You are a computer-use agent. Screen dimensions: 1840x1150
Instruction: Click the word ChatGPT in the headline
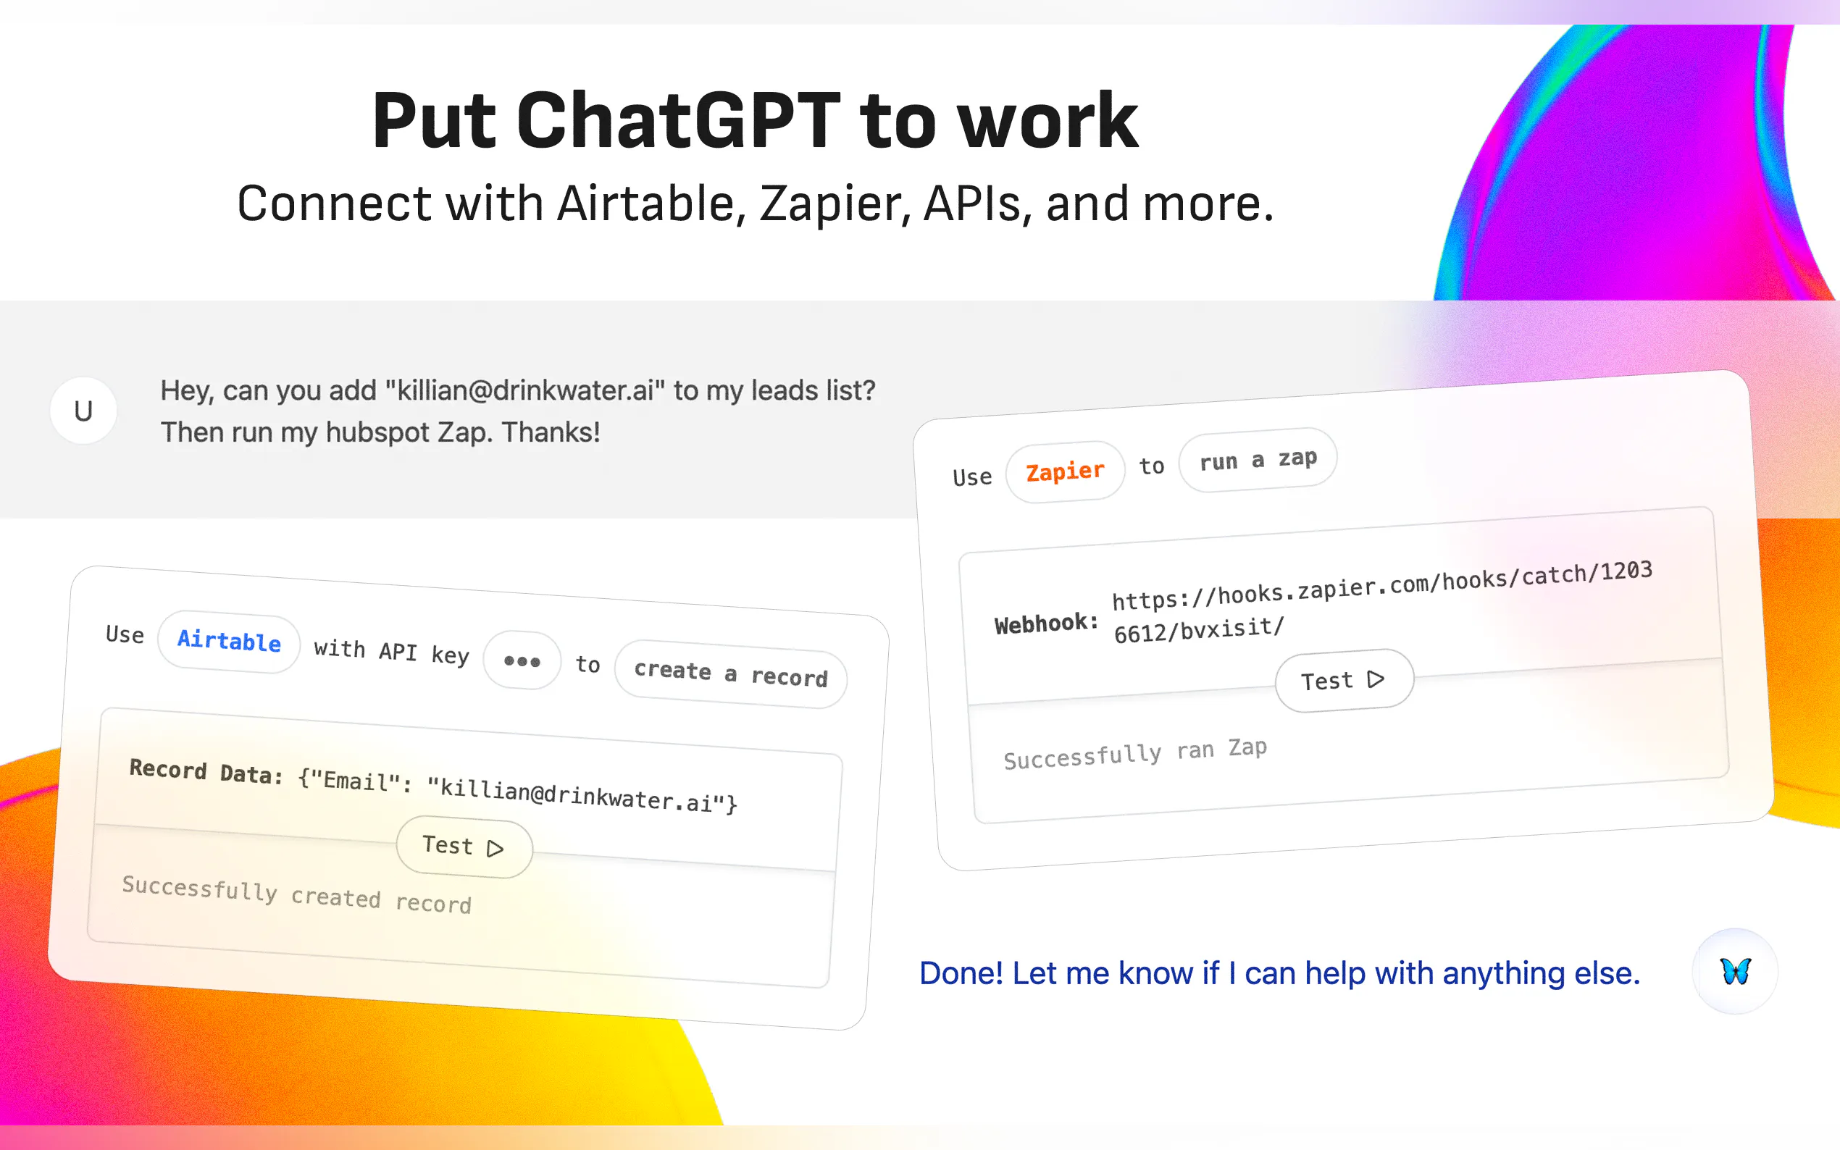[679, 120]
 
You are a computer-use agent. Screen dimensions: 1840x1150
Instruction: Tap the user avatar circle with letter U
[84, 411]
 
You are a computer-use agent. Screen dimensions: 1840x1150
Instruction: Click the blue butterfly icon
[1735, 971]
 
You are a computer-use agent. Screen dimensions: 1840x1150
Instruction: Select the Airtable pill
[229, 641]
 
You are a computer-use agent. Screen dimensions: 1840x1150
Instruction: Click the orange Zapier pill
[1065, 471]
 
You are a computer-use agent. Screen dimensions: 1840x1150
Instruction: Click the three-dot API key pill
[522, 661]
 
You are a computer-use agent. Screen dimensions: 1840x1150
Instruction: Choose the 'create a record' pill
[731, 674]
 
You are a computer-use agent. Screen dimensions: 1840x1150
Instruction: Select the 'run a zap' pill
[1258, 459]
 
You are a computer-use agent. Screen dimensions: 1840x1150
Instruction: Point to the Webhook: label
[1046, 624]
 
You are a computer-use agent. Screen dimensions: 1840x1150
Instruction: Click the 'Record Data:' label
[206, 771]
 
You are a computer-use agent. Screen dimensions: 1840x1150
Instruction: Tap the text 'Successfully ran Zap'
[1135, 754]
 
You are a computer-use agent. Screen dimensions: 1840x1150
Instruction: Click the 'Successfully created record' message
[297, 894]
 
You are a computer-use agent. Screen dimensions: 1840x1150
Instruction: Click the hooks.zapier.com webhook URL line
[1382, 586]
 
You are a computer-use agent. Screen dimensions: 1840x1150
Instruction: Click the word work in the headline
[1047, 120]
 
